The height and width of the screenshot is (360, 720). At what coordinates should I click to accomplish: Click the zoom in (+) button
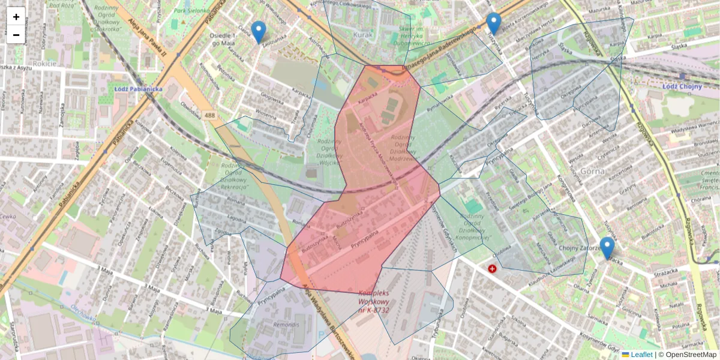point(16,17)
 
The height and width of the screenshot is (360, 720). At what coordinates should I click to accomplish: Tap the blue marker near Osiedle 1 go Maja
point(259,32)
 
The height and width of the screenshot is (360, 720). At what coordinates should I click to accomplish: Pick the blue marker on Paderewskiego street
point(493,23)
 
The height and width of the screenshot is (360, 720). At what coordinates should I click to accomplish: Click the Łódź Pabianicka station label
point(139,89)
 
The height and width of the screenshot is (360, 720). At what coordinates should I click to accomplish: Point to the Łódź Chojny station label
point(682,86)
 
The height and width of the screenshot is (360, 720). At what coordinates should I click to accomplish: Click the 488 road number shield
point(209,114)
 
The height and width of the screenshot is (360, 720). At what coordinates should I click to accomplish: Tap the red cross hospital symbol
point(492,269)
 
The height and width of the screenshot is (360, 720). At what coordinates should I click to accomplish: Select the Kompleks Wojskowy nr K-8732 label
point(374,302)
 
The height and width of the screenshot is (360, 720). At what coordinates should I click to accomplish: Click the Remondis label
point(285,325)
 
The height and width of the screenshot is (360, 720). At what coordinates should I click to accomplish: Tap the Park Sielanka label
point(192,11)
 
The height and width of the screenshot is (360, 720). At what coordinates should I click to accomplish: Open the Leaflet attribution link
point(641,355)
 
